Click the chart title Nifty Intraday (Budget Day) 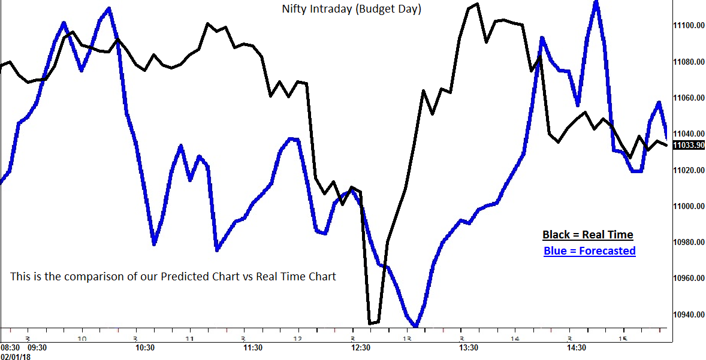click(x=351, y=10)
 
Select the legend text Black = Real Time click(x=588, y=235)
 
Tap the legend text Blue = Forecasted click(x=589, y=251)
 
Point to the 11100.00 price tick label click(x=688, y=26)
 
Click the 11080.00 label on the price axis click(x=688, y=62)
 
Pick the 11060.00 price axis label click(x=688, y=98)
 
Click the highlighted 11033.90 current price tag click(x=688, y=145)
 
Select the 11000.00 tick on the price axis click(x=688, y=207)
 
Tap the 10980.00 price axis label click(x=688, y=243)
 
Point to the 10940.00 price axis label click(x=688, y=315)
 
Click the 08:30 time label click(x=10, y=347)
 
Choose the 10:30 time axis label click(x=145, y=347)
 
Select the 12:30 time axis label click(x=361, y=347)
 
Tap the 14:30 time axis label click(x=577, y=347)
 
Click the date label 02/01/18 click(x=15, y=356)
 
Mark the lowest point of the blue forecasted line click(x=416, y=326)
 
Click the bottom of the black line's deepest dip click(x=370, y=323)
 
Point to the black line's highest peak click(x=476, y=4)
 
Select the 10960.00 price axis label click(x=688, y=279)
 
